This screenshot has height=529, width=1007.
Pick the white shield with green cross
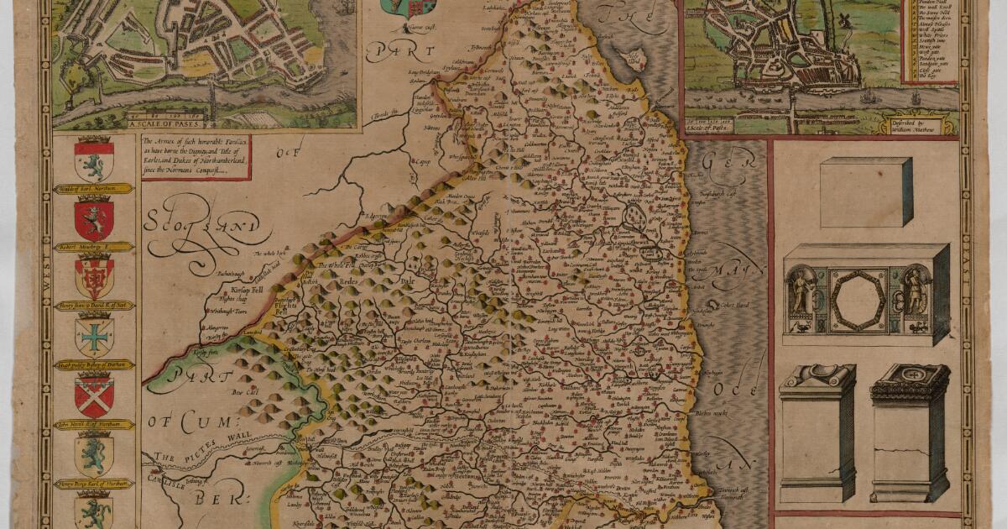(94, 337)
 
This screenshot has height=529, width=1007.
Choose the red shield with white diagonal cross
(94, 395)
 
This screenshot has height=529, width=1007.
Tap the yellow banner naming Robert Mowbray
(94, 248)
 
